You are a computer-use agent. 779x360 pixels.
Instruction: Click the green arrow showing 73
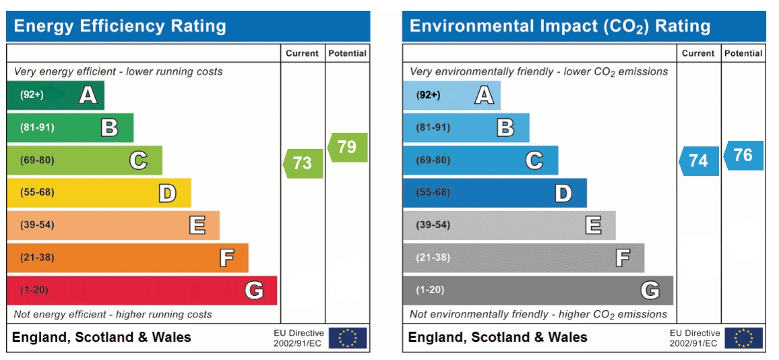303,163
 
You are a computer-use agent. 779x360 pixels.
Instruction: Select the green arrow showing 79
347,147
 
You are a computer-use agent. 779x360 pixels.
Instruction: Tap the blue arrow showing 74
699,160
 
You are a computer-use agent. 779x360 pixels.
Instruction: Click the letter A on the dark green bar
88,95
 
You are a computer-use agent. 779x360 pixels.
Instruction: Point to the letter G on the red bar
254,291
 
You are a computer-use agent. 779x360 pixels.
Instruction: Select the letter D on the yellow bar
167,193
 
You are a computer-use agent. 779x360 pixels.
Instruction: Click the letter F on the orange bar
226,258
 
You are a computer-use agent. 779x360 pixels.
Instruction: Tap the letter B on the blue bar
505,127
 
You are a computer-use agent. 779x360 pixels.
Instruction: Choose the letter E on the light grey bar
593,224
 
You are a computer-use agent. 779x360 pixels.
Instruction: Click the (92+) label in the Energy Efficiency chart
32,95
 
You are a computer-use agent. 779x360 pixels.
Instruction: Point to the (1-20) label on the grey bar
430,290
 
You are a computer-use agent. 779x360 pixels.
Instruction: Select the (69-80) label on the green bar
37,160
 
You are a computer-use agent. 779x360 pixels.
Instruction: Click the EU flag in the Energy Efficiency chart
348,338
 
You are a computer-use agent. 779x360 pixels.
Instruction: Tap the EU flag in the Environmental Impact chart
744,338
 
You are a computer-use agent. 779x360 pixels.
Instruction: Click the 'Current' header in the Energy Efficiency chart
302,53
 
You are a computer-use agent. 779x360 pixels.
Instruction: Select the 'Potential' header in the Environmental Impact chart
743,53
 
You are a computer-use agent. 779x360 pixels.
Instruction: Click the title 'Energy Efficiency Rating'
120,26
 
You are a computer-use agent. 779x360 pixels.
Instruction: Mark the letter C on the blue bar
534,160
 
